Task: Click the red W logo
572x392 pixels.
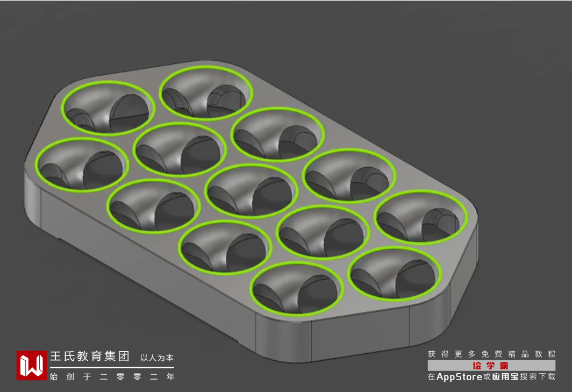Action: pos(31,365)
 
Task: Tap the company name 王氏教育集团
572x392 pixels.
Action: pos(90,356)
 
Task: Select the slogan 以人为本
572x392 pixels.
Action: pos(157,358)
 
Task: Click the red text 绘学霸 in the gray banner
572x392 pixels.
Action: pos(491,365)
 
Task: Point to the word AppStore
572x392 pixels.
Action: pos(459,376)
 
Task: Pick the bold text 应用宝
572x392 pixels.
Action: pos(505,376)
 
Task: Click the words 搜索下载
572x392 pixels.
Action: pos(538,376)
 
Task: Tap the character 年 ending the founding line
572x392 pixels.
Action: pos(170,376)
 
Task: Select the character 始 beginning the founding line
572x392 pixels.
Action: pos(54,376)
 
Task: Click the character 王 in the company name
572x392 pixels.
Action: pos(55,356)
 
